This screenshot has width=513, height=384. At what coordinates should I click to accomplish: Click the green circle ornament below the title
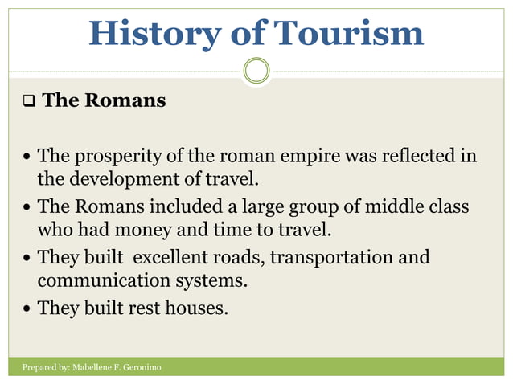point(256,71)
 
